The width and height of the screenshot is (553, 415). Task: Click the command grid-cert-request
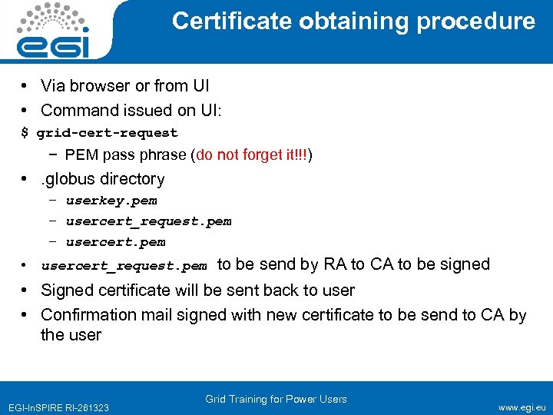click(x=107, y=132)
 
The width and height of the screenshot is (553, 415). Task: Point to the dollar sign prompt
click(x=25, y=132)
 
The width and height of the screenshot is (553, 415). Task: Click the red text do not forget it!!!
click(x=252, y=154)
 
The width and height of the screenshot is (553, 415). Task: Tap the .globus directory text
click(x=103, y=179)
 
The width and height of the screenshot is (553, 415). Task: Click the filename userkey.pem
click(x=111, y=201)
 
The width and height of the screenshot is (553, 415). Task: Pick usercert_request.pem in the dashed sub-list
click(x=148, y=221)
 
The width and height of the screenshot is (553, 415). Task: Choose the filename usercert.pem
click(x=115, y=242)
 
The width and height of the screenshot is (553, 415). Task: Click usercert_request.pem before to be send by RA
click(x=124, y=267)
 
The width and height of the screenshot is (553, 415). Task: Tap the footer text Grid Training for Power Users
click(x=276, y=399)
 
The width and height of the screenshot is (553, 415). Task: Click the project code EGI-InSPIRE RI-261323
click(x=58, y=407)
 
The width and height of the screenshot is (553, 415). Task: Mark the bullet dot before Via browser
click(x=25, y=85)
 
